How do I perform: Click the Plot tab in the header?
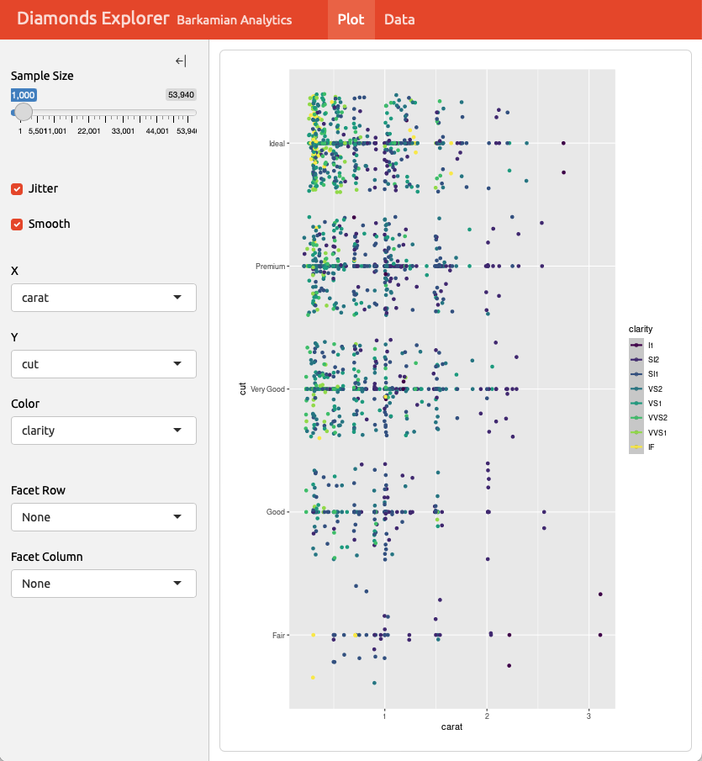(x=351, y=19)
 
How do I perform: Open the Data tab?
(x=399, y=19)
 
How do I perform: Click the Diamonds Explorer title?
(x=92, y=18)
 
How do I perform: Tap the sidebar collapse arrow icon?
(x=181, y=61)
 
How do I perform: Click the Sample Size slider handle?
(x=24, y=112)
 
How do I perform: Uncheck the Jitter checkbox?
(x=17, y=189)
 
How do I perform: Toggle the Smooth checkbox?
(x=17, y=225)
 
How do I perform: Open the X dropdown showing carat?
(x=103, y=298)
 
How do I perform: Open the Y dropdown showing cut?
(x=103, y=364)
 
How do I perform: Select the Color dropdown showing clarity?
(x=103, y=431)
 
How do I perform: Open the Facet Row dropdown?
(x=103, y=517)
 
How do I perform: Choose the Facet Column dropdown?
(x=103, y=584)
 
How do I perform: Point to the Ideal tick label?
(x=276, y=144)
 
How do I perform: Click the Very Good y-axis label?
(x=268, y=389)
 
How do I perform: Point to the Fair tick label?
(x=278, y=635)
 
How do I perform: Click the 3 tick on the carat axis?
(x=589, y=716)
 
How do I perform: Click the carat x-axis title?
(x=451, y=727)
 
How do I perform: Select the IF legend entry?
(x=651, y=447)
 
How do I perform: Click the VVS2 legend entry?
(x=657, y=418)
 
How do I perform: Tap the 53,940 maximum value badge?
(x=182, y=95)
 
